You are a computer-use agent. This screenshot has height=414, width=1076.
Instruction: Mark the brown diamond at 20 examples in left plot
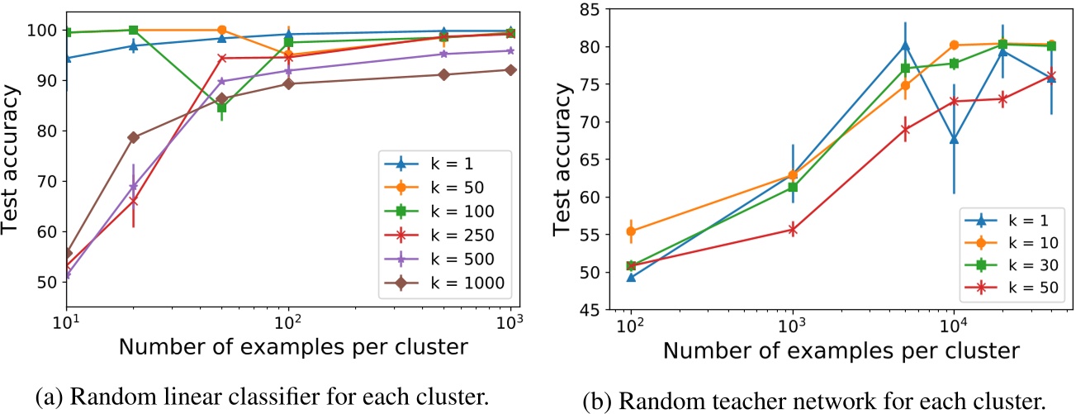pyautogui.click(x=133, y=137)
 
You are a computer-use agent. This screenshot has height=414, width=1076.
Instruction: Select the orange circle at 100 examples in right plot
pyautogui.click(x=631, y=231)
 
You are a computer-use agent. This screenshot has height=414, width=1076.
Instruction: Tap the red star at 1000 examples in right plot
pyautogui.click(x=793, y=230)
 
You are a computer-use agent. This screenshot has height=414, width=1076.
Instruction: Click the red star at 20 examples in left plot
pyautogui.click(x=133, y=201)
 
